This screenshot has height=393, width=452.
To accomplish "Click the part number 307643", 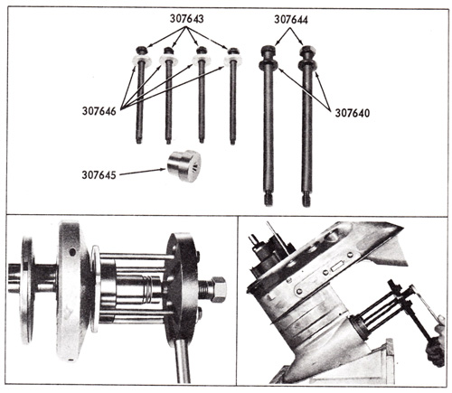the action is [186, 19].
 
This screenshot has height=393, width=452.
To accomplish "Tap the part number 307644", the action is [291, 20].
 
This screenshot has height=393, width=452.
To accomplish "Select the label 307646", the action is [99, 111].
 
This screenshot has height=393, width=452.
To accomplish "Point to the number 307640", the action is [353, 113].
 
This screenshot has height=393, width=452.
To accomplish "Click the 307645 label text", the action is [99, 174].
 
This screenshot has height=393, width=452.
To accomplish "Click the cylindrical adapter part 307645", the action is [184, 165].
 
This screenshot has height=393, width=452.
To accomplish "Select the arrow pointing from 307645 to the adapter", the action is [143, 172].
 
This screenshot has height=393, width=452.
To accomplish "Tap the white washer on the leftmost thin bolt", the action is [141, 60].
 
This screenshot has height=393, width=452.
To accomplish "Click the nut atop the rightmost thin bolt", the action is [232, 51].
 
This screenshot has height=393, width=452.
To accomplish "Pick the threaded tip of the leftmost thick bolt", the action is [268, 200].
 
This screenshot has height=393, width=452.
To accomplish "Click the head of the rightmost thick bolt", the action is [307, 51].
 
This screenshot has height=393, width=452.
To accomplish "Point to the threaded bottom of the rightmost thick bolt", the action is [306, 201].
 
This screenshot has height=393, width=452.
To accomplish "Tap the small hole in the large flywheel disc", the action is [72, 251].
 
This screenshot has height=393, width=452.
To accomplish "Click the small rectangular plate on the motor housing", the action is [335, 267].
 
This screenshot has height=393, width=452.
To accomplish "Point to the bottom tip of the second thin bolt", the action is [168, 141].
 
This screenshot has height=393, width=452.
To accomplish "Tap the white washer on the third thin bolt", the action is [201, 60].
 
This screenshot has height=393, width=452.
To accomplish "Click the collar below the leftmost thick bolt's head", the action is [268, 64].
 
